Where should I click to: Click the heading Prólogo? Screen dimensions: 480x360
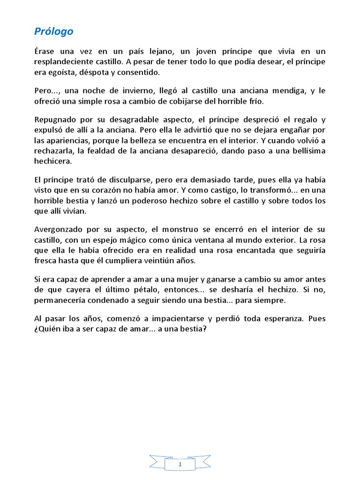pyautogui.click(x=54, y=32)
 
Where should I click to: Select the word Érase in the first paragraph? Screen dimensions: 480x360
pyautogui.click(x=45, y=51)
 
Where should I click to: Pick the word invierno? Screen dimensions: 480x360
pyautogui.click(x=133, y=91)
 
